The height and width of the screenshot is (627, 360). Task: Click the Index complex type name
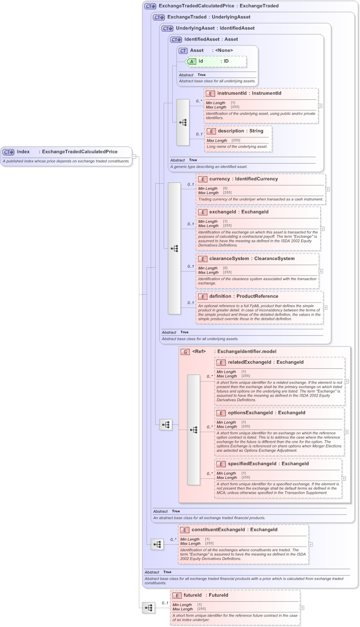[x=23, y=152]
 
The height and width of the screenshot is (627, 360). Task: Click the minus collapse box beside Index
[x=134, y=156]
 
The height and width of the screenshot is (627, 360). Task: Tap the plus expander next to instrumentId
[x=320, y=105]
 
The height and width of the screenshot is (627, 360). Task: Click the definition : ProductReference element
[x=243, y=296]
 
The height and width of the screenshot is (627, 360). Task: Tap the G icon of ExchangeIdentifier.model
[x=185, y=352]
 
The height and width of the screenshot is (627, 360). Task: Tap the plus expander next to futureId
[x=302, y=607]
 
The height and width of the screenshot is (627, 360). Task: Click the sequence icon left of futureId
[x=149, y=607]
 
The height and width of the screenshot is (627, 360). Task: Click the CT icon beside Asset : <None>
[x=183, y=51]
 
